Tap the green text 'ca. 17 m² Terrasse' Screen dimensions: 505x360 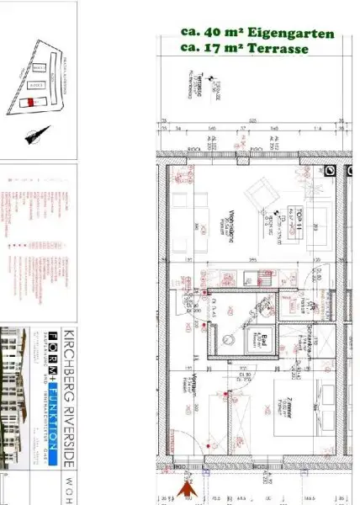pyautogui.click(x=245, y=49)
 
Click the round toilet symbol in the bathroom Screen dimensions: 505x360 pyautogui.click(x=228, y=335)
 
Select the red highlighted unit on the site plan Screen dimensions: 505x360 pyautogui.click(x=32, y=102)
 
